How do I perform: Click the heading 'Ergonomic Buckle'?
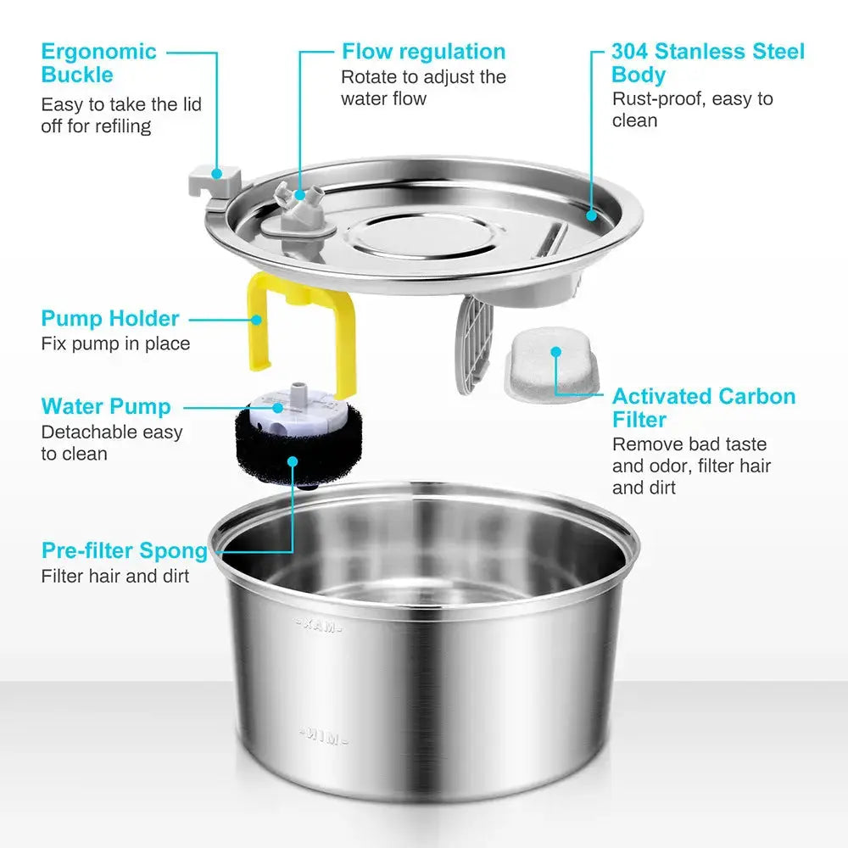pyautogui.click(x=98, y=63)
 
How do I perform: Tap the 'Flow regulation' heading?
pyautogui.click(x=423, y=51)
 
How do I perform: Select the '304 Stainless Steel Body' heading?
pyautogui.click(x=707, y=63)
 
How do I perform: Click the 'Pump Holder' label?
pyautogui.click(x=110, y=319)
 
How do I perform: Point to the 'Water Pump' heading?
pyautogui.click(x=106, y=406)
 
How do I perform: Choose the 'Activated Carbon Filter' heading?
pyautogui.click(x=704, y=407)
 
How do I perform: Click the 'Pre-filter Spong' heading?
pyautogui.click(x=124, y=550)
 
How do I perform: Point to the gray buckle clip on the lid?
pyautogui.click(x=215, y=181)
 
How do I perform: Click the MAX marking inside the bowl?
pyautogui.click(x=318, y=627)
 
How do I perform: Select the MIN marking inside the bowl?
pyautogui.click(x=321, y=737)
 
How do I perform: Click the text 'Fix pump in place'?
pyautogui.click(x=115, y=343)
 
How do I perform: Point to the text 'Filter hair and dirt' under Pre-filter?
pyautogui.click(x=115, y=576)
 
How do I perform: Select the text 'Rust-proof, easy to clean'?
pyautogui.click(x=692, y=109)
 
